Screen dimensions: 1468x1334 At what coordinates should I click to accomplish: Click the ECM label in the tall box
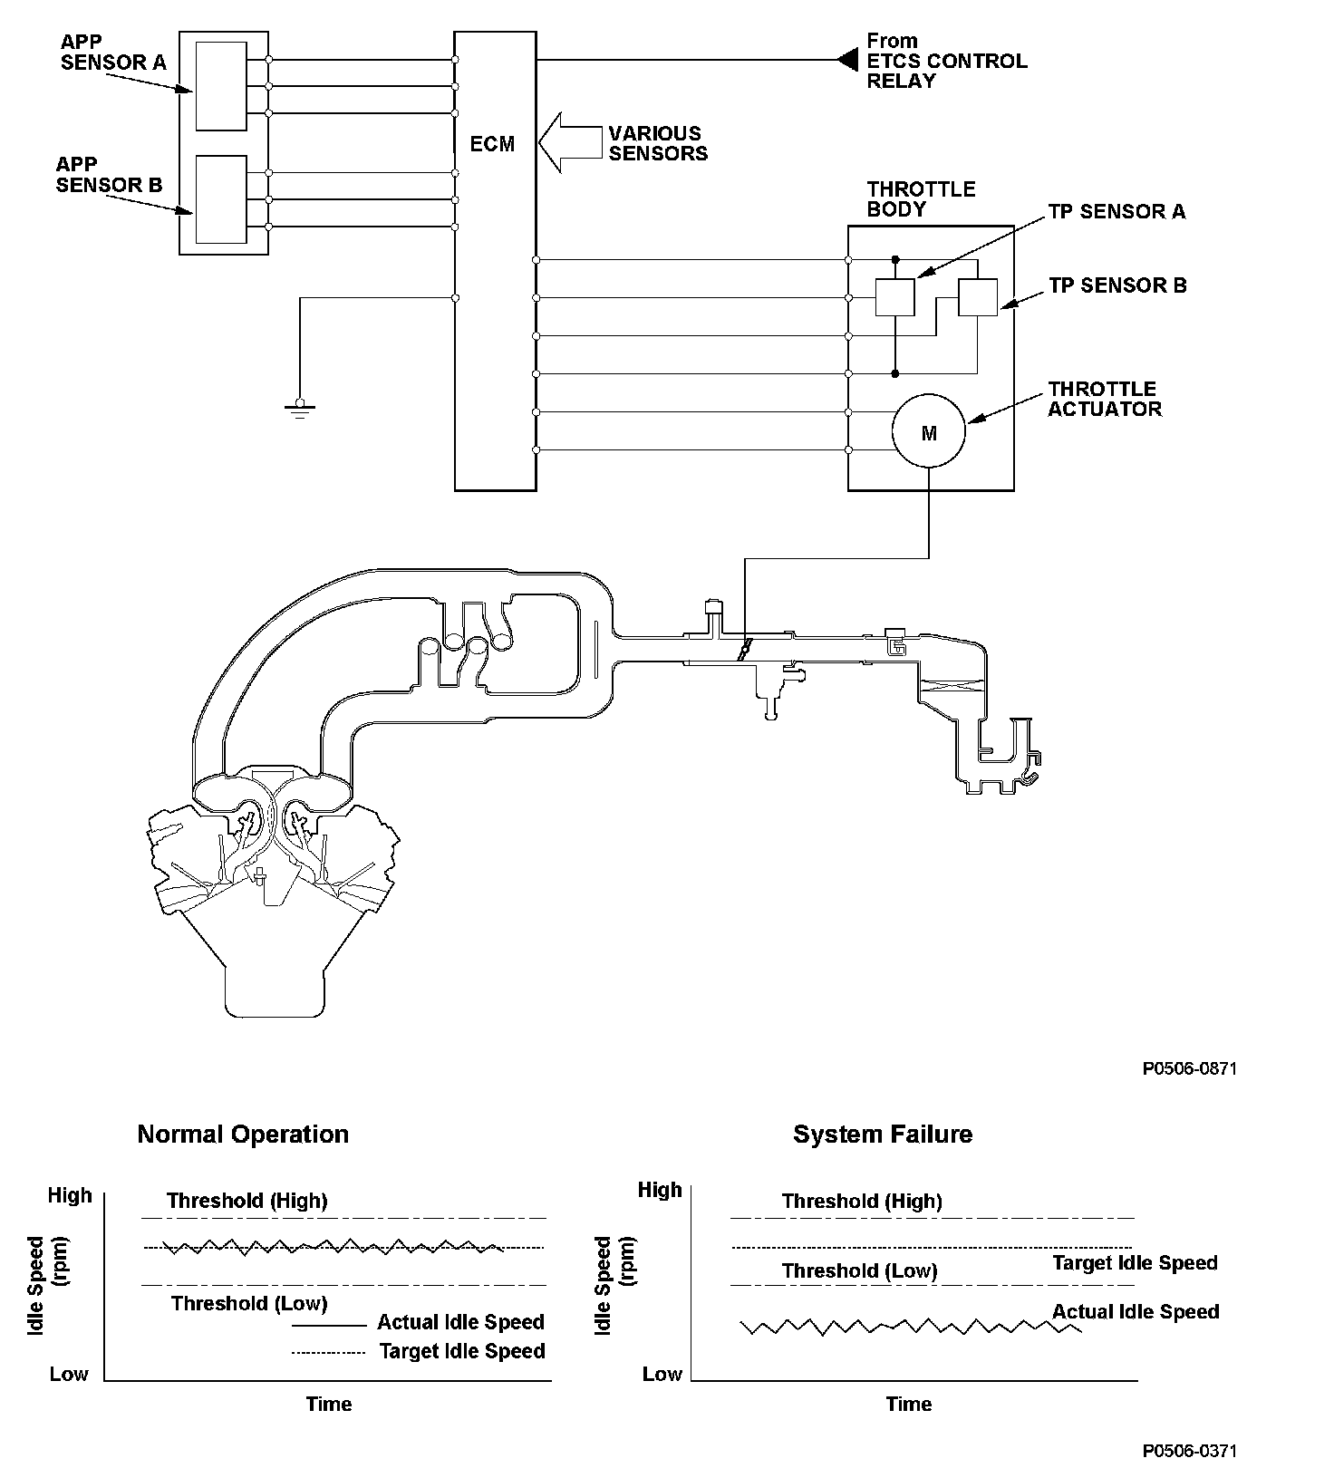click(493, 144)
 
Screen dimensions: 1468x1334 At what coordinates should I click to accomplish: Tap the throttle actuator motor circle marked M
click(929, 433)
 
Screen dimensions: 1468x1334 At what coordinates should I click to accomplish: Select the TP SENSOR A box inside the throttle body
click(894, 297)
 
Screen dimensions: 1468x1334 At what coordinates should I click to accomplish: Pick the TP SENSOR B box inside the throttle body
click(978, 297)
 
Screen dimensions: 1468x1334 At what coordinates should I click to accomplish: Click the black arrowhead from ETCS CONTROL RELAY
click(847, 60)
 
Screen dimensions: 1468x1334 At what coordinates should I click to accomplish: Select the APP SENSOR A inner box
click(221, 86)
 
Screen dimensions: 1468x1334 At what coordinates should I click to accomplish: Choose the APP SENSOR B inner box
click(221, 199)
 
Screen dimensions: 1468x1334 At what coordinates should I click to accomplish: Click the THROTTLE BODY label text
click(921, 199)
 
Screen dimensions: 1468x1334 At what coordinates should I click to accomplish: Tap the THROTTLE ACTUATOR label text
click(1104, 399)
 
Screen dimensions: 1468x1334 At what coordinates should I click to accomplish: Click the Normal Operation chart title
click(243, 1135)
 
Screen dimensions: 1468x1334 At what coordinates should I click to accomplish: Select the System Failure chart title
click(883, 1135)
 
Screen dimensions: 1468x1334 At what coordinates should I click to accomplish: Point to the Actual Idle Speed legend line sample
click(329, 1325)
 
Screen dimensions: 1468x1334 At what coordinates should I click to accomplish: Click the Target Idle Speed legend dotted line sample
click(329, 1353)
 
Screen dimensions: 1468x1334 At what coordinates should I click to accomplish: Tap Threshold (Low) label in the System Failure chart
click(859, 1270)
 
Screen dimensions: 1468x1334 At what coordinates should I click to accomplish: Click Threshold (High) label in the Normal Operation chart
click(246, 1201)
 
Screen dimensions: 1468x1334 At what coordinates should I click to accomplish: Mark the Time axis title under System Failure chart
click(908, 1404)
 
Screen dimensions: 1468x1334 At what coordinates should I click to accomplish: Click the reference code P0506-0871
click(1189, 1068)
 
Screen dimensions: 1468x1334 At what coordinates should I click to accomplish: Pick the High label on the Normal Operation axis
click(70, 1195)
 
